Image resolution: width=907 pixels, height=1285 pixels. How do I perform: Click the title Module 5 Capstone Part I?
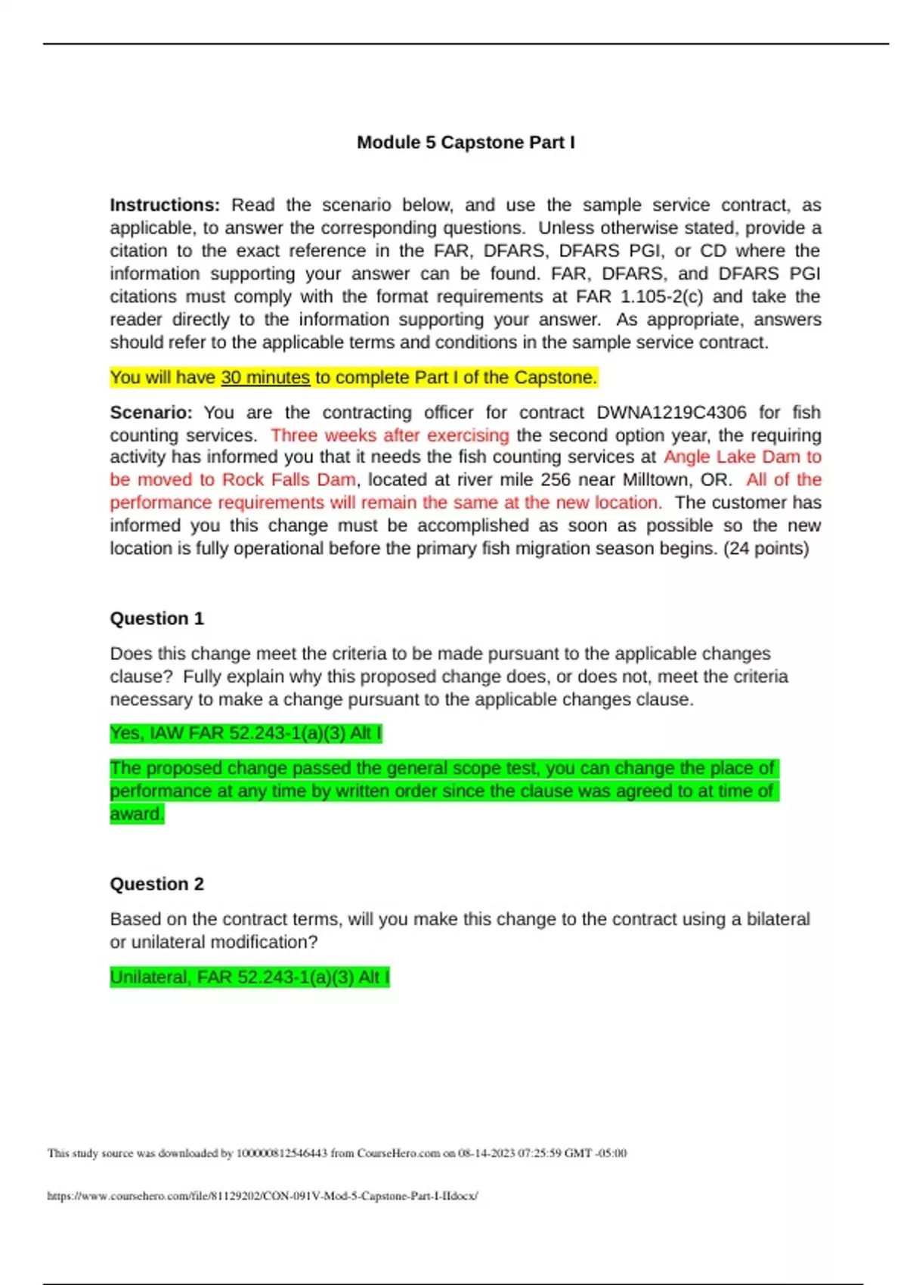pyautogui.click(x=466, y=142)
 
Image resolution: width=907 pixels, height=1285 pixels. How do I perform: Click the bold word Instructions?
pyautogui.click(x=165, y=205)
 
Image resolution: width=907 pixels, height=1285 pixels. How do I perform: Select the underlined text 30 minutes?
pyautogui.click(x=265, y=377)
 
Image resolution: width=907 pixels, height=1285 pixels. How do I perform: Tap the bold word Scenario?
pyautogui.click(x=151, y=412)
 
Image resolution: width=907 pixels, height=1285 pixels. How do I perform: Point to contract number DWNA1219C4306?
pyautogui.click(x=671, y=412)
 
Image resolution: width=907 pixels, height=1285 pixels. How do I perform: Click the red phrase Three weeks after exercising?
pyautogui.click(x=390, y=435)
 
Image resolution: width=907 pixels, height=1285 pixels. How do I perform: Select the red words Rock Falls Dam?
pyautogui.click(x=289, y=480)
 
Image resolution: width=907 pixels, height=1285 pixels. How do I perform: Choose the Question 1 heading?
pyautogui.click(x=157, y=618)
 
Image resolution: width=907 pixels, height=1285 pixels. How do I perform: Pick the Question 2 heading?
pyautogui.click(x=157, y=884)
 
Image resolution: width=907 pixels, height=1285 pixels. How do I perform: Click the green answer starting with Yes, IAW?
pyautogui.click(x=246, y=733)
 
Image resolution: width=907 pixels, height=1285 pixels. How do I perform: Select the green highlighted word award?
pyautogui.click(x=137, y=814)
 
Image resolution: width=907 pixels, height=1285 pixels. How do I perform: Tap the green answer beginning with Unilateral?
pyautogui.click(x=249, y=977)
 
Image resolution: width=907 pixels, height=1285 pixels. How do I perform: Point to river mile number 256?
pyautogui.click(x=555, y=480)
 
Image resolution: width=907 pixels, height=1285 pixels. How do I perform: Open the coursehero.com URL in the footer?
pyautogui.click(x=262, y=1196)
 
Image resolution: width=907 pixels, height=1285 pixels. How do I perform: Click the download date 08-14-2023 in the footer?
pyautogui.click(x=486, y=1153)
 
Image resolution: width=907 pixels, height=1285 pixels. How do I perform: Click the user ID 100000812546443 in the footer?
pyautogui.click(x=282, y=1153)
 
